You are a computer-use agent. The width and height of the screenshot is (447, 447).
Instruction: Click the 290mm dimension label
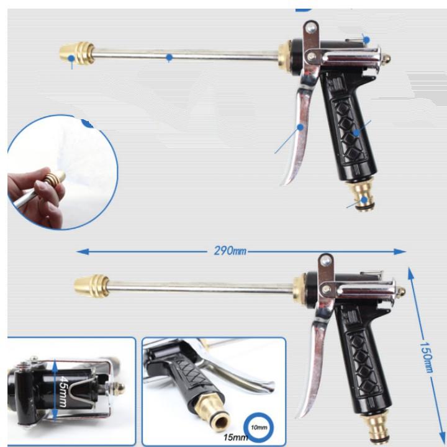(x=228, y=251)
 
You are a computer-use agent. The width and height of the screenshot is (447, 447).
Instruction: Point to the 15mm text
(x=235, y=437)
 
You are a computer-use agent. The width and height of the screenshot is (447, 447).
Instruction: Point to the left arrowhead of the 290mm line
(x=79, y=251)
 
